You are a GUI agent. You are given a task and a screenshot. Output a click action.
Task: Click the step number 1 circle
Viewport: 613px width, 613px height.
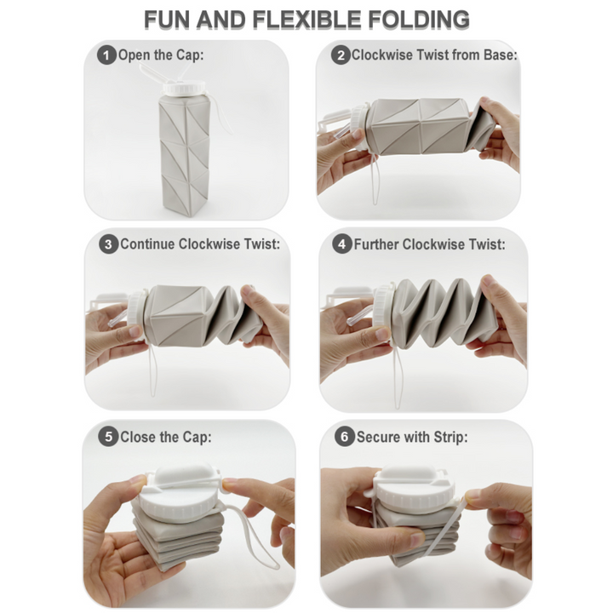pos(106,56)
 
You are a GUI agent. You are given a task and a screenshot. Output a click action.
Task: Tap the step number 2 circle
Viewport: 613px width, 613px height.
pos(341,56)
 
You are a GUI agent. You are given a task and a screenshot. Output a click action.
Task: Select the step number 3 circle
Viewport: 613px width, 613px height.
pos(108,244)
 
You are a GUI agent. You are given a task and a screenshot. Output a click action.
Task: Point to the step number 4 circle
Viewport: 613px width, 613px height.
pos(342,244)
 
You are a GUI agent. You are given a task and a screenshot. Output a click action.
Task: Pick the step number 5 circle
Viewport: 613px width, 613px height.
pos(107,438)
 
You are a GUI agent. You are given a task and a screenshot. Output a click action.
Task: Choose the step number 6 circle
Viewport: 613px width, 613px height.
pos(344,438)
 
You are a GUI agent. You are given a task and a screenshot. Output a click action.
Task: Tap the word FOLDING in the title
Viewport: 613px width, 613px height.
pos(421,19)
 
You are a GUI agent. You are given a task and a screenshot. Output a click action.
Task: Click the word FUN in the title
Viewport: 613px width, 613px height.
pos(167,19)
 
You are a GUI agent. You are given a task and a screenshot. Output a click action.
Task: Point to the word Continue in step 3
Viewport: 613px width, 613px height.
pos(148,244)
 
